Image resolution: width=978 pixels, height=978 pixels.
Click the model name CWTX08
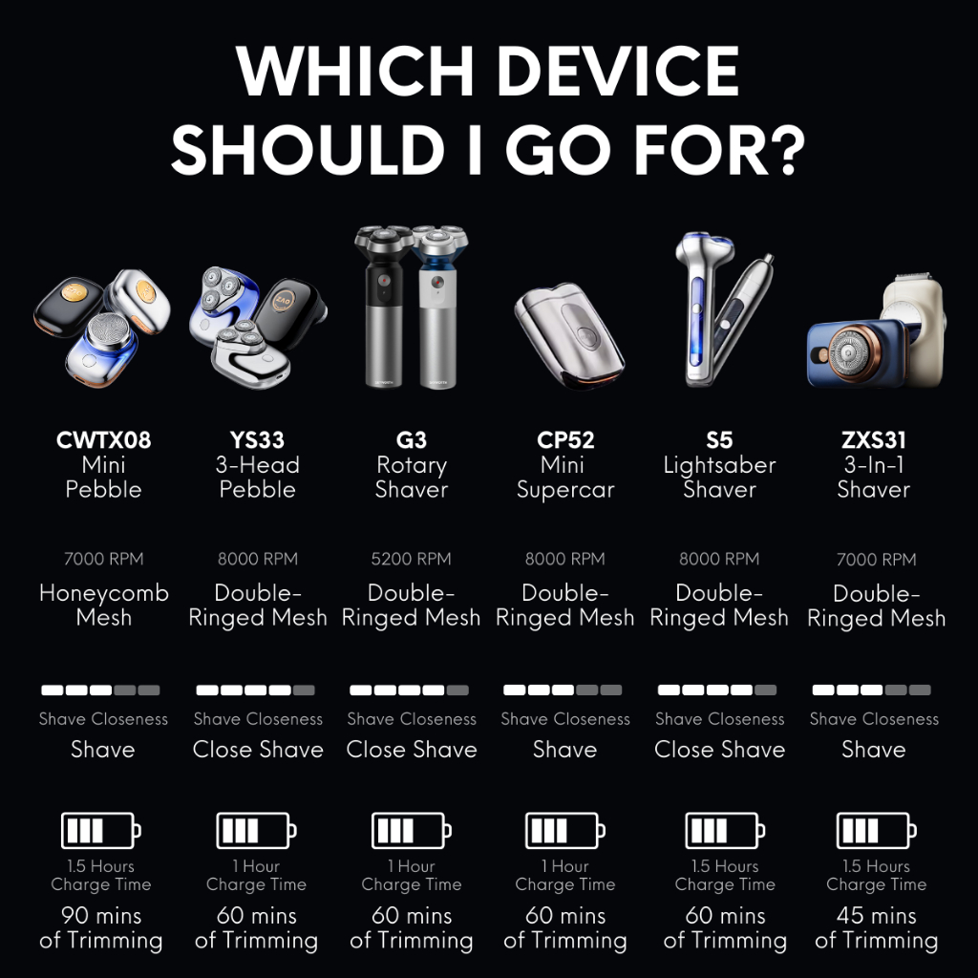103,439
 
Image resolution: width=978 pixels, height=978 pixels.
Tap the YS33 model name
257,439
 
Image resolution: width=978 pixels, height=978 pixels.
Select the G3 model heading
411,439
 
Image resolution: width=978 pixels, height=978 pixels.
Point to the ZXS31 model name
873,439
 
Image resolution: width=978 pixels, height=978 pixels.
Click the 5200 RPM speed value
411,559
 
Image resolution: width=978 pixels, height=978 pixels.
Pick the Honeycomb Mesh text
103,605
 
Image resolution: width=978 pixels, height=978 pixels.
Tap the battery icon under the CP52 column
565,830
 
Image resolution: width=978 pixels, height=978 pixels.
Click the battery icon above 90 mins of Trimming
101,830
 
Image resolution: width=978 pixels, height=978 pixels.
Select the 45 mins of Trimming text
877,927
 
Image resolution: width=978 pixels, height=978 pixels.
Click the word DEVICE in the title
618,71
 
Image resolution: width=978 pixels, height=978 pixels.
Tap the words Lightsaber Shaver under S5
719,478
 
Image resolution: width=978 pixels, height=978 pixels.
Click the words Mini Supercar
565,478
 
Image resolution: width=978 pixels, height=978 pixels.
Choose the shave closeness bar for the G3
409,690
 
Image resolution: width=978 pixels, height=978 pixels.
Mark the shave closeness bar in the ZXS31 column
871,690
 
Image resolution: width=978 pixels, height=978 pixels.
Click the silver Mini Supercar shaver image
569,335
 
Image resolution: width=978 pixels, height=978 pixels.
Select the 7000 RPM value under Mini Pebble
103,559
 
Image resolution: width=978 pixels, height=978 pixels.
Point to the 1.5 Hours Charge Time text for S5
725,875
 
